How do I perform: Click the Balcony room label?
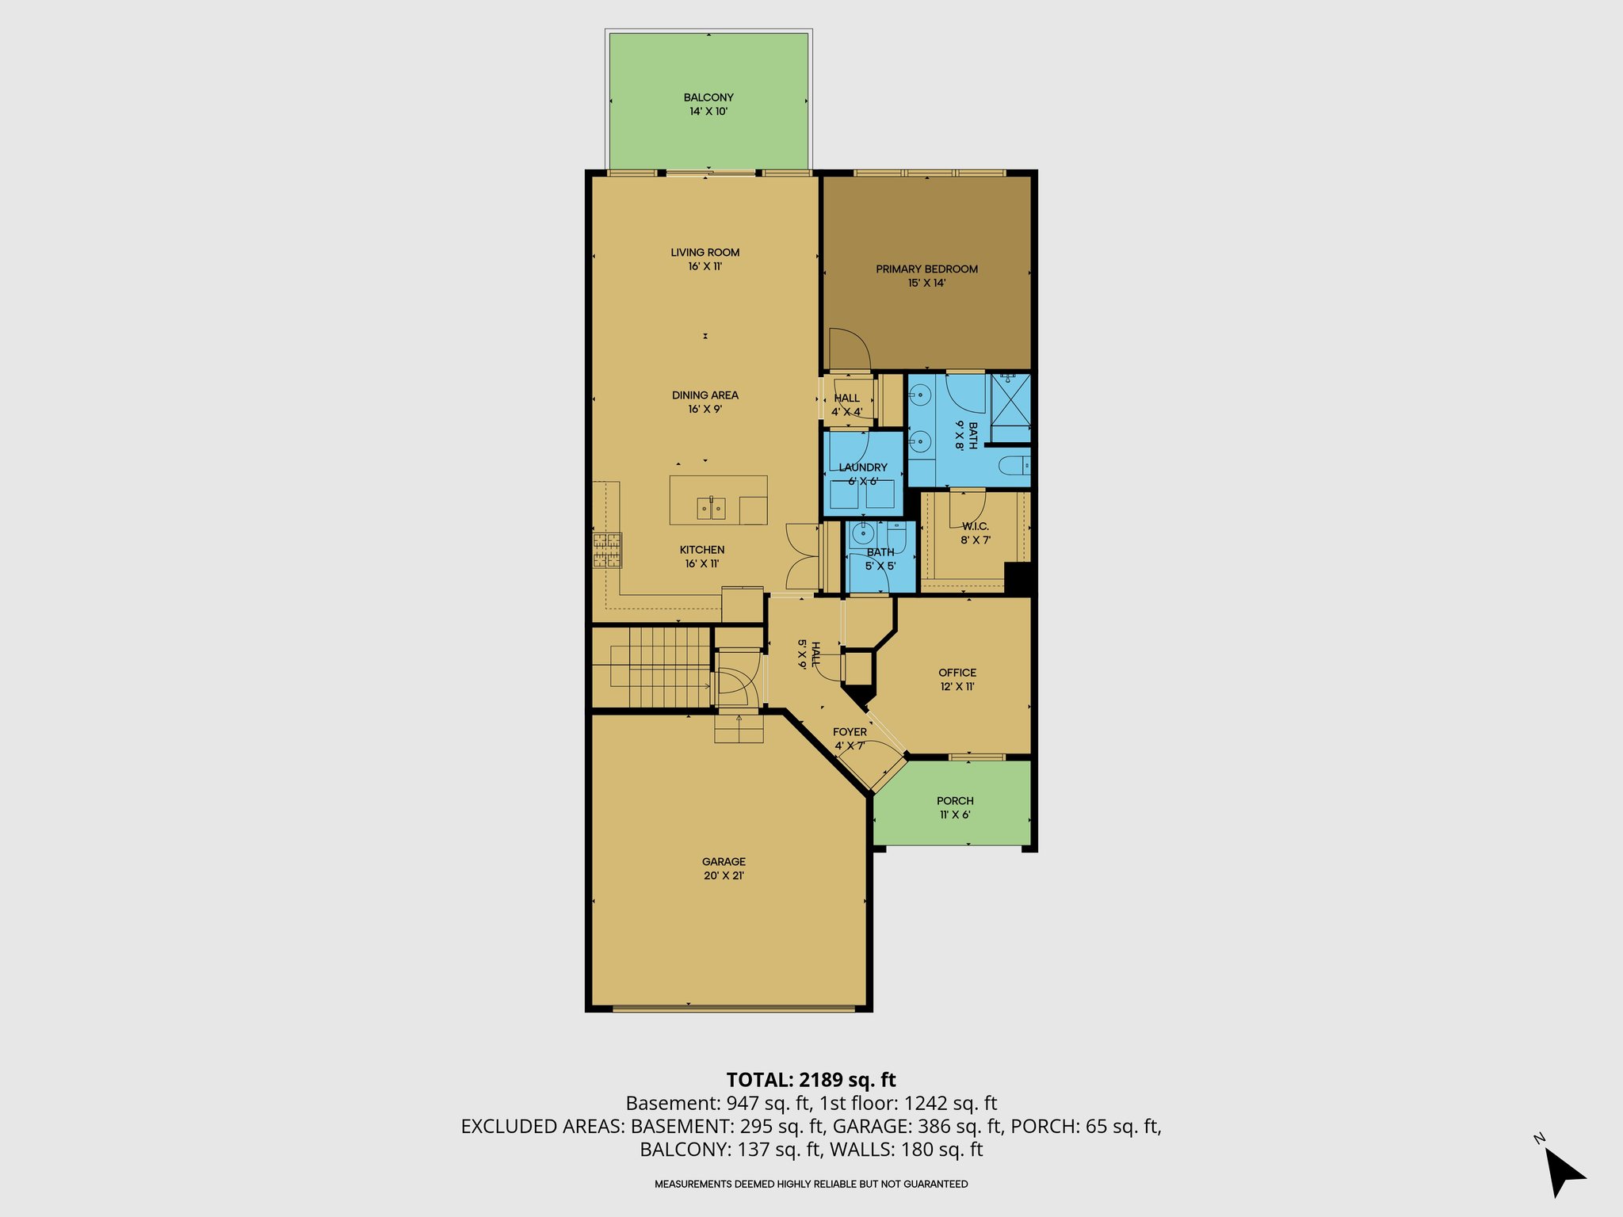point(708,104)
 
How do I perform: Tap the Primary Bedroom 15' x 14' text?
point(926,276)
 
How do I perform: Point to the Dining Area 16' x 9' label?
point(705,402)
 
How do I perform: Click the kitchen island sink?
point(711,507)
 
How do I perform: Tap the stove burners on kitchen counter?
point(607,551)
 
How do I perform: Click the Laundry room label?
point(863,474)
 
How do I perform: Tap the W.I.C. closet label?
point(976,532)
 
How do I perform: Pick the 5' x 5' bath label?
point(880,559)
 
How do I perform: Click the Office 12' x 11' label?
point(957,679)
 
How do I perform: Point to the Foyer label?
point(850,738)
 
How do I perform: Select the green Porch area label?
point(955,807)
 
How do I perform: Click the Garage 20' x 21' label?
point(724,868)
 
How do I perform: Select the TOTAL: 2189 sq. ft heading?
point(811,1080)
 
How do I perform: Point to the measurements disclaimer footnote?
point(811,1185)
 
